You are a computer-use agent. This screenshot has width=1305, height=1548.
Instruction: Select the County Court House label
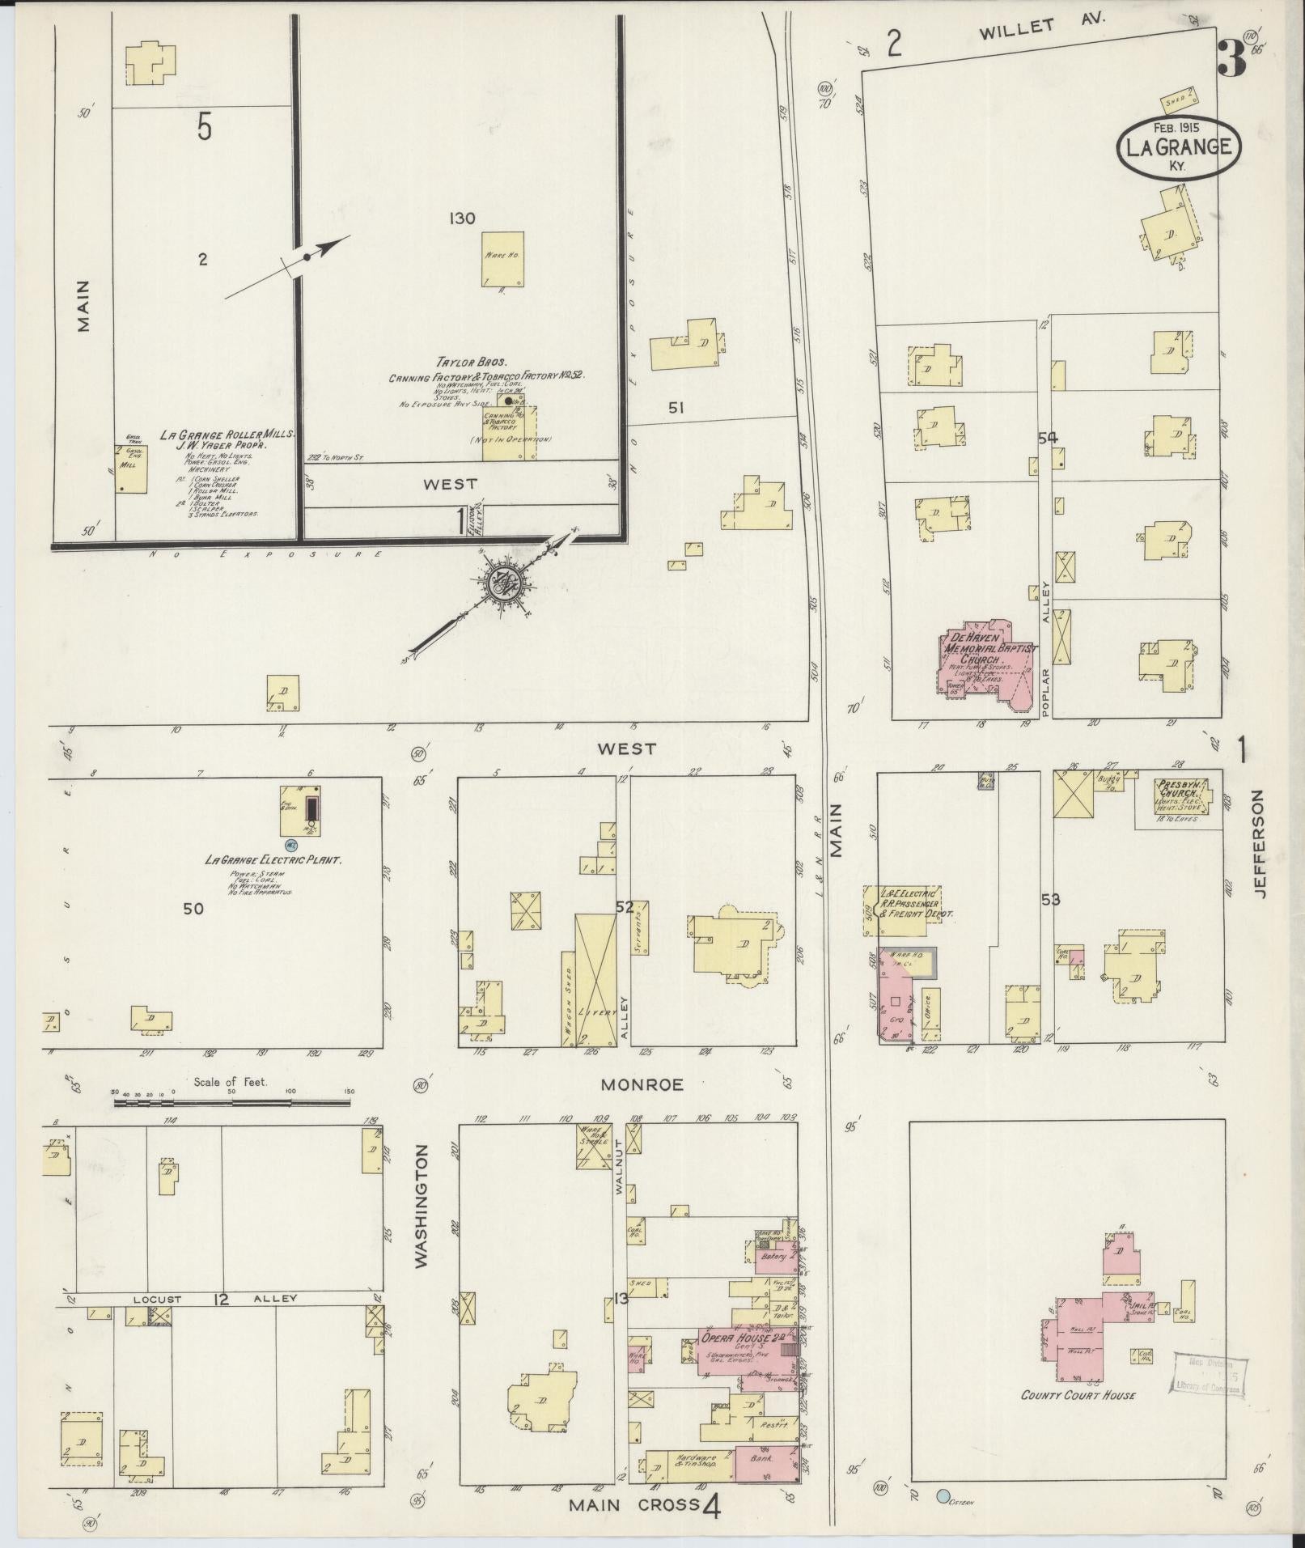pyautogui.click(x=1078, y=1394)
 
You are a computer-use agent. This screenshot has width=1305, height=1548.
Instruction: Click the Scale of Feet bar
pyautogui.click(x=235, y=1101)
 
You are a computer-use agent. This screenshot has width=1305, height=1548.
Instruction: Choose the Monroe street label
pyautogui.click(x=642, y=1084)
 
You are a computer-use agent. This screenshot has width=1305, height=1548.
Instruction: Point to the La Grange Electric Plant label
pyautogui.click(x=273, y=859)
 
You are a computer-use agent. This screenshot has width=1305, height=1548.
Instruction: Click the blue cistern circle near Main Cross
pyautogui.click(x=942, y=1496)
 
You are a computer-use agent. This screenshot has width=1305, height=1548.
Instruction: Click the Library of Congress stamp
pyautogui.click(x=1208, y=1373)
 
